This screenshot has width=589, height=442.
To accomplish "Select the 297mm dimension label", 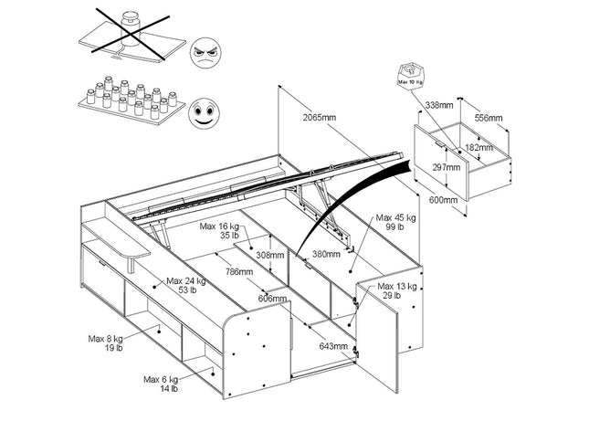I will pyautogui.click(x=447, y=167).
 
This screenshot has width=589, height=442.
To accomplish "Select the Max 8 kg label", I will pyautogui.click(x=106, y=342).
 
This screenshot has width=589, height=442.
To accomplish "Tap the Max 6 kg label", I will pyautogui.click(x=162, y=383).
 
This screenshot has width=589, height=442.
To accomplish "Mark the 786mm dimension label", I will pyautogui.click(x=240, y=271).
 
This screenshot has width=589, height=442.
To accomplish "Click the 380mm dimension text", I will pyautogui.click(x=326, y=254).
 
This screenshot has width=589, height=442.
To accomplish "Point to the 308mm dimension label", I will pyautogui.click(x=270, y=256).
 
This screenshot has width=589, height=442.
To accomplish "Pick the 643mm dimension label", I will pyautogui.click(x=332, y=346).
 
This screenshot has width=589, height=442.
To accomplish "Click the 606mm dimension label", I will pyautogui.click(x=272, y=299).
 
